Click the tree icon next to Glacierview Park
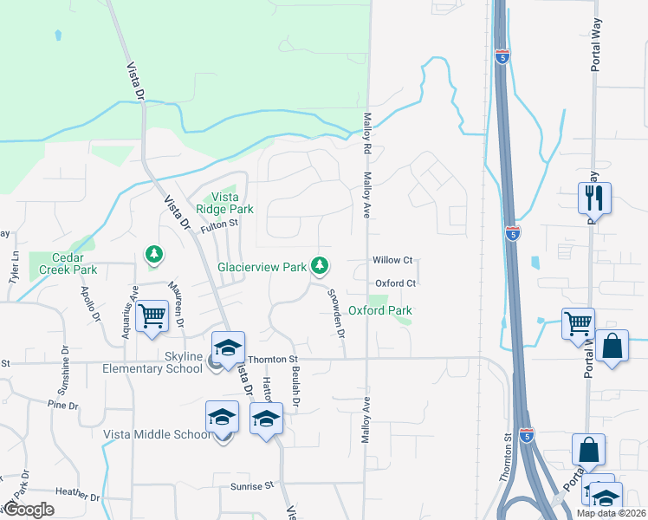point(321,265)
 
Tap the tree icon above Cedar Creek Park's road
point(153,254)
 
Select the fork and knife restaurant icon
point(594,197)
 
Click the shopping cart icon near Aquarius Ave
point(152,315)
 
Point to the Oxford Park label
point(379,310)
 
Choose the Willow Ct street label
point(392,260)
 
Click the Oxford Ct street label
point(397,283)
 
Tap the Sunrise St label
point(252,486)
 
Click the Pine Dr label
point(63,405)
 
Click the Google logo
point(29,510)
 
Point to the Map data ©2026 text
point(612,513)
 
